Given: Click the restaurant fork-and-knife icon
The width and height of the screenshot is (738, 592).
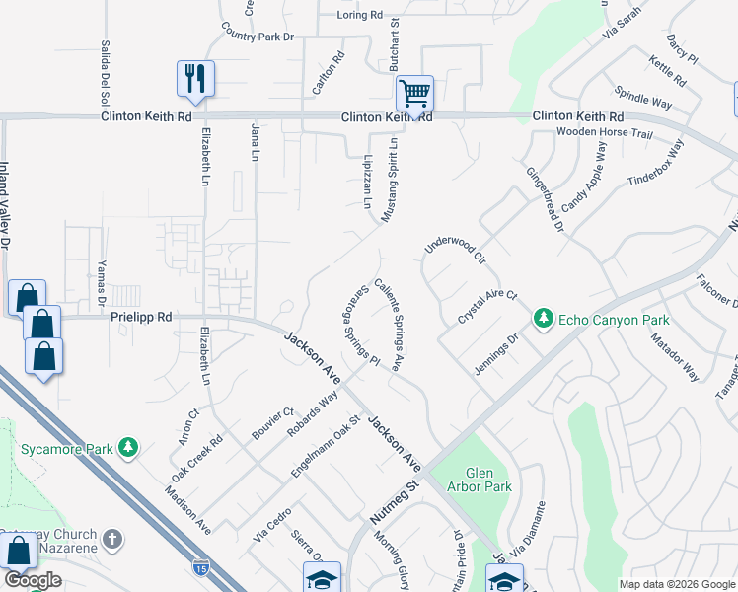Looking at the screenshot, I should (x=194, y=77).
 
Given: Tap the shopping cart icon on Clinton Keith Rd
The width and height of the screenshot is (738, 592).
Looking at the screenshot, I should (x=415, y=94).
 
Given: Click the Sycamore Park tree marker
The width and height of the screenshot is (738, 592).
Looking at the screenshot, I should (x=127, y=448).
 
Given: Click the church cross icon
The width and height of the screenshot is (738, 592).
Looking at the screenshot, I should (x=113, y=540).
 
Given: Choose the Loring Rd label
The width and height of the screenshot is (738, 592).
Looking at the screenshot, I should (x=359, y=15).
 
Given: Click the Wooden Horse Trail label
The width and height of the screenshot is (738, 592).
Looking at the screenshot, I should (x=605, y=132).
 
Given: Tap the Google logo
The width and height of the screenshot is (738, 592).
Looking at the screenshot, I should (x=33, y=580).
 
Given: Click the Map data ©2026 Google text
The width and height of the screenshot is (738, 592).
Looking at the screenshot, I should (x=676, y=584).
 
